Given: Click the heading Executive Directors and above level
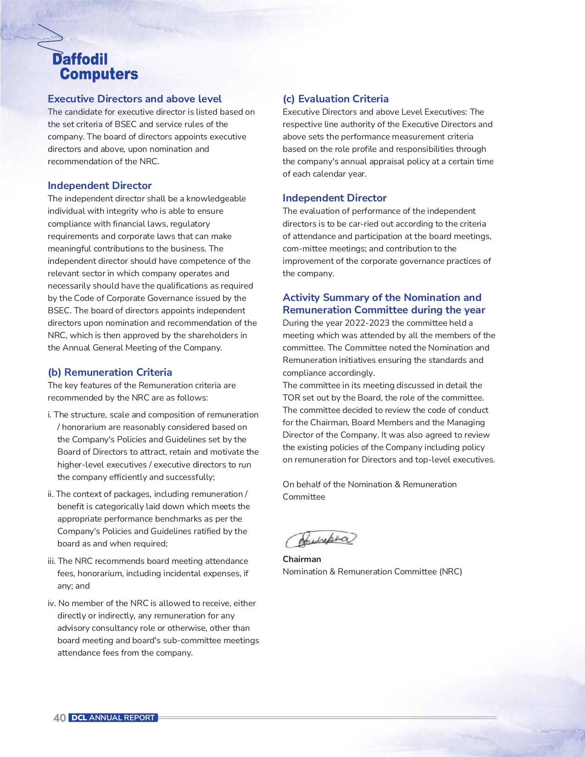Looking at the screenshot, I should (x=134, y=99).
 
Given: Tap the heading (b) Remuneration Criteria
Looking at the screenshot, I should (x=110, y=372).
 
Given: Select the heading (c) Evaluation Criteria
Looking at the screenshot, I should (x=335, y=99).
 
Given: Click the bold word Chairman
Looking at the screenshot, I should (x=301, y=559).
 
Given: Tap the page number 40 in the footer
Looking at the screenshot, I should (x=60, y=718).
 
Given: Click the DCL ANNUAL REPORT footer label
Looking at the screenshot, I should (x=113, y=718).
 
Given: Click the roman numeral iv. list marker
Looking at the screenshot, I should (x=52, y=603).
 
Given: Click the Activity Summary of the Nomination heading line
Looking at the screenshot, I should (x=382, y=297).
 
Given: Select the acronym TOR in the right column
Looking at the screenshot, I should (x=291, y=398).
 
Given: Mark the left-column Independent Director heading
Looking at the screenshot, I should (x=100, y=185).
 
